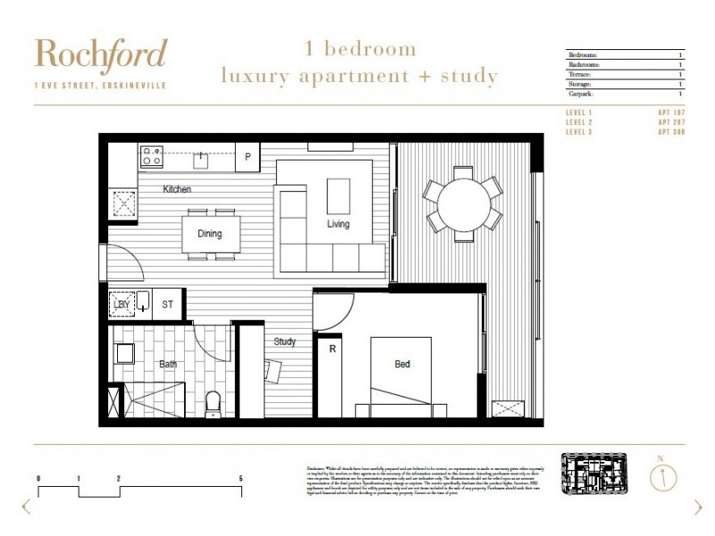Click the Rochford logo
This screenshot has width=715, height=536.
pyautogui.click(x=100, y=55)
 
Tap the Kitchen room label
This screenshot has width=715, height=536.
pyautogui.click(x=177, y=189)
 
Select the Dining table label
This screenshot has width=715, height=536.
pyautogui.click(x=210, y=234)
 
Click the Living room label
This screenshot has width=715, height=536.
pyautogui.click(x=338, y=224)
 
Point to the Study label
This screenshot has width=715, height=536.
pyautogui.click(x=285, y=341)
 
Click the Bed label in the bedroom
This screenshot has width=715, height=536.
pyautogui.click(x=402, y=364)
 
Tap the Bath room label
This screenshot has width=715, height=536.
pyautogui.click(x=168, y=364)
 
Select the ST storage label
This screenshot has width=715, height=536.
pyautogui.click(x=167, y=305)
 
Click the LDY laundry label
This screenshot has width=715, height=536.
pyautogui.click(x=122, y=305)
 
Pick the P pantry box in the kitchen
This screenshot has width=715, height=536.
pyautogui.click(x=248, y=157)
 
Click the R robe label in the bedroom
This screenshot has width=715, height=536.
pyautogui.click(x=332, y=348)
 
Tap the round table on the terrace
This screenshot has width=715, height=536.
pyautogui.click(x=464, y=204)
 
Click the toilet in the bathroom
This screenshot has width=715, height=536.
pyautogui.click(x=213, y=404)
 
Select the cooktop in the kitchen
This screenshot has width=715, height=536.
pyautogui.click(x=151, y=156)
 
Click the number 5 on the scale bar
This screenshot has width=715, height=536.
pyautogui.click(x=240, y=479)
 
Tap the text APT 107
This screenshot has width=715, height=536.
pyautogui.click(x=670, y=112)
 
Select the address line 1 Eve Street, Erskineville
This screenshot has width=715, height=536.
pyautogui.click(x=99, y=86)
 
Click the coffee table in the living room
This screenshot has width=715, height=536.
pyautogui.click(x=339, y=196)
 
